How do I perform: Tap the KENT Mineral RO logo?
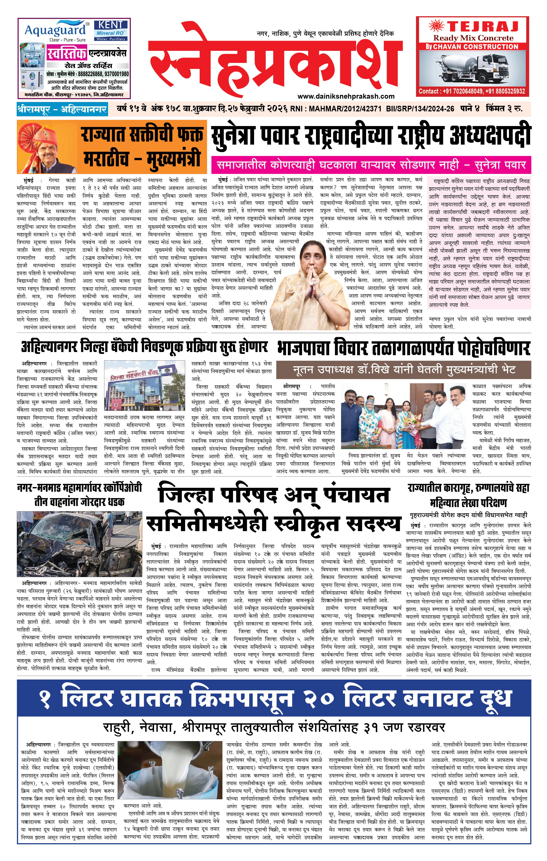(111, 30)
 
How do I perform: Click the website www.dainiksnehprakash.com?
(346, 96)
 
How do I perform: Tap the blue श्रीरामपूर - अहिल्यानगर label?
(62, 109)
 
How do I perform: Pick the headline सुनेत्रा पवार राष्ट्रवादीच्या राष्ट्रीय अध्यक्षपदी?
(371, 136)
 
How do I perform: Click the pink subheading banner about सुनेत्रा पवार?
(371, 165)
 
